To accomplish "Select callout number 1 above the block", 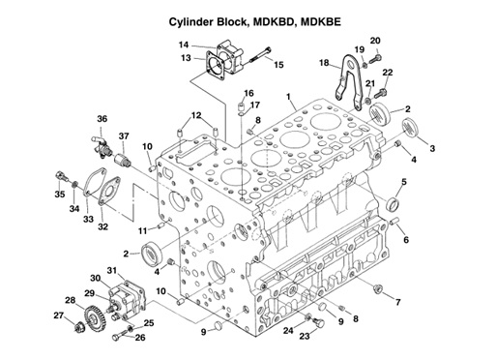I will [x=287, y=95].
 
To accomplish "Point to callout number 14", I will [x=183, y=45].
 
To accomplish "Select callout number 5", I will [x=403, y=182].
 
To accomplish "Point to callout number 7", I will [x=397, y=303].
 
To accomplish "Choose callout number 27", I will [x=59, y=315].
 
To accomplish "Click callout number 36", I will [x=102, y=119].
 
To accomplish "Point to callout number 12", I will [x=195, y=115].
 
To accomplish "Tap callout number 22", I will [x=388, y=73].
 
